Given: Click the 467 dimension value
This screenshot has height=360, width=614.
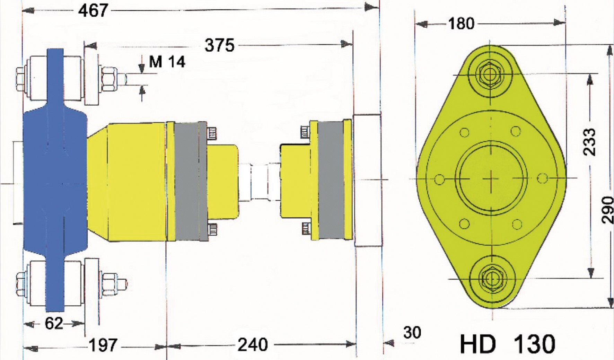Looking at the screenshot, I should (x=93, y=10).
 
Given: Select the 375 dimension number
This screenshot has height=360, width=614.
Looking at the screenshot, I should (x=219, y=45).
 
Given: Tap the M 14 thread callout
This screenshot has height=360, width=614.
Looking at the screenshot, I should (x=167, y=62).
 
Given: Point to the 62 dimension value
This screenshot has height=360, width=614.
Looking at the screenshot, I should (x=54, y=324).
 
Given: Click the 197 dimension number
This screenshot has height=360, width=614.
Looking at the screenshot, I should (x=103, y=345).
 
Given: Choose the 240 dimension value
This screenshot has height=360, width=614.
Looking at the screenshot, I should (x=253, y=345).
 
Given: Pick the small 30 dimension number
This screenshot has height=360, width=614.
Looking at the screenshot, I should (x=412, y=333).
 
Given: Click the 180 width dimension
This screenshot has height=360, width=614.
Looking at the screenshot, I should (x=461, y=24).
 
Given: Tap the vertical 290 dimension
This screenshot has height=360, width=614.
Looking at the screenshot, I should (x=607, y=210).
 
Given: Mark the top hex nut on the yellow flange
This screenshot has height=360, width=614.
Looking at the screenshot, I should (x=490, y=74).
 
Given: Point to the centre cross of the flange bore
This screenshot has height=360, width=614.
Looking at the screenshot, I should (x=491, y=178).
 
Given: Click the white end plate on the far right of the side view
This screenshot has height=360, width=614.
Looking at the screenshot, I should (x=368, y=180).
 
